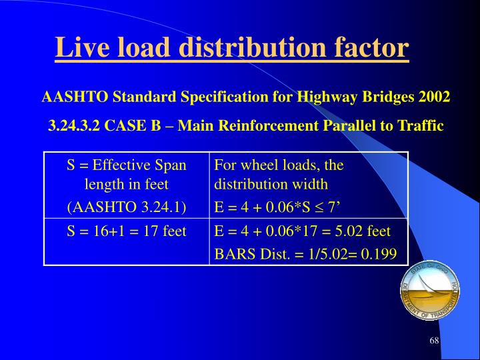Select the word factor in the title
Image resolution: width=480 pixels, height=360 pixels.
click(369, 48)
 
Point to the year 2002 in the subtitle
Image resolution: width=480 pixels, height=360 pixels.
click(435, 97)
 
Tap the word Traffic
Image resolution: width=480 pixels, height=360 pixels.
click(421, 126)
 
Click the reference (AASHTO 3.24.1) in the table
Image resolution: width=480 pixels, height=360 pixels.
click(127, 207)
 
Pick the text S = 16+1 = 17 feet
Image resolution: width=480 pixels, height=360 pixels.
click(127, 231)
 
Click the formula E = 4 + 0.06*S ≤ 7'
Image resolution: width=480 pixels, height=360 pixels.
click(279, 207)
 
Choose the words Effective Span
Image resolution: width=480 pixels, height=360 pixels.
click(139, 164)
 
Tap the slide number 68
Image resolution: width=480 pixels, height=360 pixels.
click(434, 341)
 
